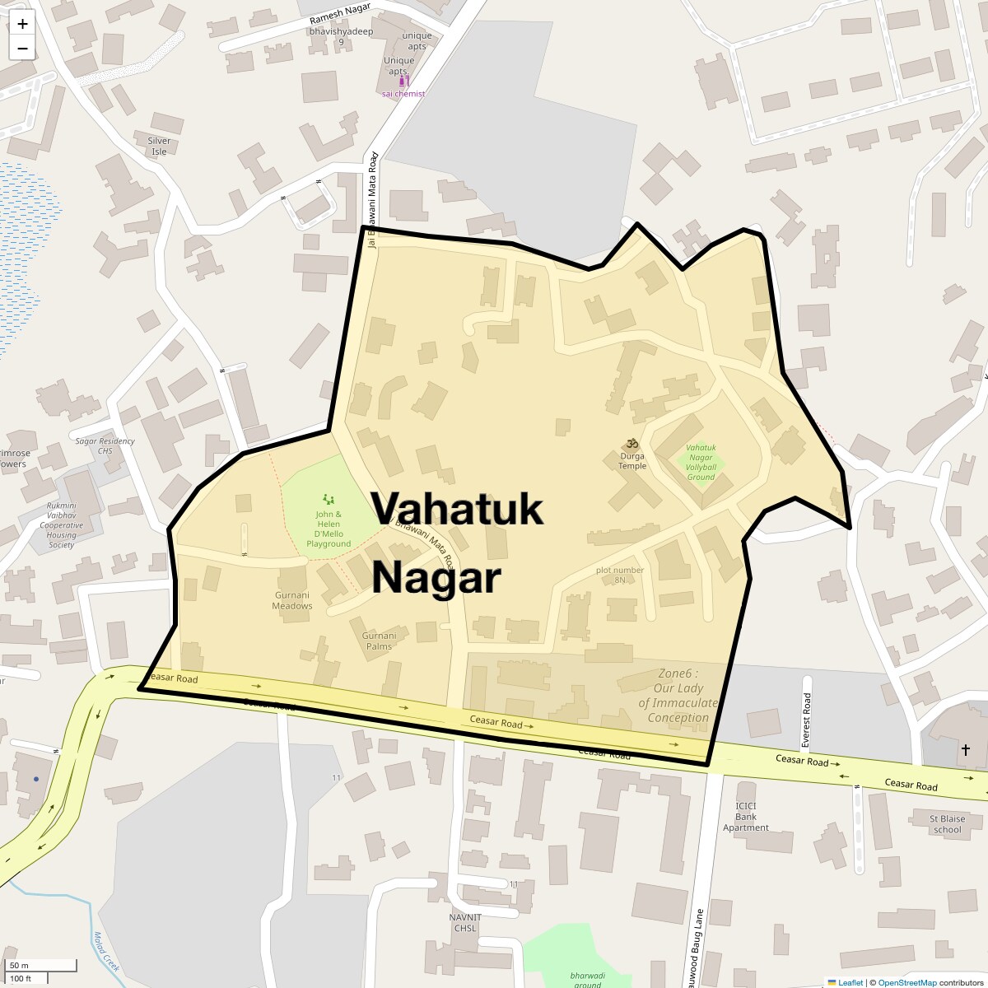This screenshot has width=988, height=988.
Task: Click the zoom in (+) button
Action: (x=22, y=24)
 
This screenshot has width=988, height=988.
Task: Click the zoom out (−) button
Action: (x=22, y=49)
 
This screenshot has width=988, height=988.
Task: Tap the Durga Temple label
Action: (x=632, y=460)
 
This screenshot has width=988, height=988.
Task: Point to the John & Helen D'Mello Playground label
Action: (x=329, y=529)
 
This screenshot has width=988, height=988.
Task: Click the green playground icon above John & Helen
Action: (x=329, y=499)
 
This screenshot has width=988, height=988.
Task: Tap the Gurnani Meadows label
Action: (x=292, y=600)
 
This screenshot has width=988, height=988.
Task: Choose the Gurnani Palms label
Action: (x=379, y=641)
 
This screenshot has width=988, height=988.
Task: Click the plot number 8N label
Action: (x=620, y=575)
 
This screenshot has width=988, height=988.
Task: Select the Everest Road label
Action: (x=807, y=720)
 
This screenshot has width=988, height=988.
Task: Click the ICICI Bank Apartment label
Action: (x=746, y=816)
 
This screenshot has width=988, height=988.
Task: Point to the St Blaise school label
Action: (x=947, y=824)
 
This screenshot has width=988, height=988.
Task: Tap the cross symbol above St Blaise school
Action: (x=965, y=750)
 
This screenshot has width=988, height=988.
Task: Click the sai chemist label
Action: (x=403, y=94)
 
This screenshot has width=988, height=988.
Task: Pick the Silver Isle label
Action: (x=159, y=146)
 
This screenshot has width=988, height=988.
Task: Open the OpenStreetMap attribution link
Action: (x=906, y=982)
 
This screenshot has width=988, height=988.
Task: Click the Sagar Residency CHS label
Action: (x=105, y=445)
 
